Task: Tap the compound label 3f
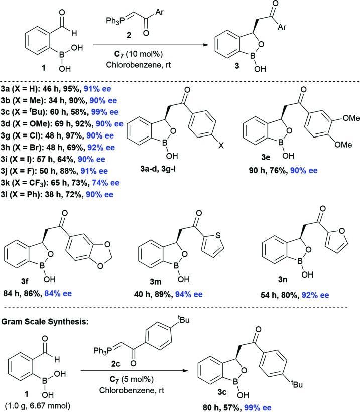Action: tap(59, 291)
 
